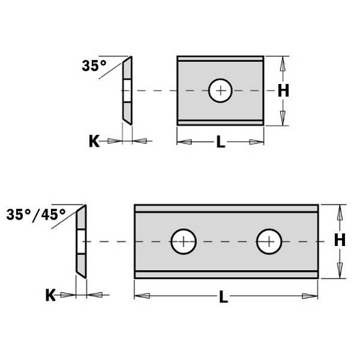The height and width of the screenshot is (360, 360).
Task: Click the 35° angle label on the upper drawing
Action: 94,66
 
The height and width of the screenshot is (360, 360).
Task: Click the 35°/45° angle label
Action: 37,214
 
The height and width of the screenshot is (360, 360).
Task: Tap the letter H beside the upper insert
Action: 283,91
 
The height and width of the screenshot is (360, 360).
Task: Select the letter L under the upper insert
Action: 220,143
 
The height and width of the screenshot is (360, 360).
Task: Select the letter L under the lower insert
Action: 223,296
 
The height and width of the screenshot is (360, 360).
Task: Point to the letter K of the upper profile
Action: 94,141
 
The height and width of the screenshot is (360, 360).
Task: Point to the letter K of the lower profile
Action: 51,295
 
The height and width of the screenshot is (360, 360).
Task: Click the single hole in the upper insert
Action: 220,91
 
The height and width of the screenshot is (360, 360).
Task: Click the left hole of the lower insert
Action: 184,242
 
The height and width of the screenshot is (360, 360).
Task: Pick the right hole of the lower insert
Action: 269,242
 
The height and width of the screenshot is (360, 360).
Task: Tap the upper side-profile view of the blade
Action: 127,91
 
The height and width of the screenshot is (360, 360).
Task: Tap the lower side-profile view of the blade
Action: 81,241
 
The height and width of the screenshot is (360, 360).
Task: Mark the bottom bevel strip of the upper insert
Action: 220,122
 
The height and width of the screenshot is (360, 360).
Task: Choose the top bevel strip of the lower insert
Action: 226,208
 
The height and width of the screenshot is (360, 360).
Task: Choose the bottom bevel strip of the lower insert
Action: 226,275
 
